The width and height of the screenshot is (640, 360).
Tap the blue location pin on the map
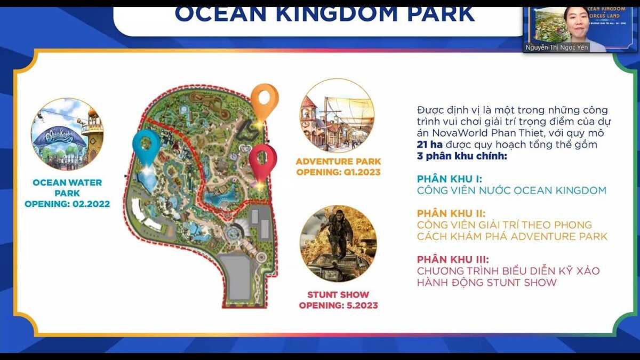coord(146,143)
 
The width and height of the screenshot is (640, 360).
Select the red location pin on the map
coord(263,159)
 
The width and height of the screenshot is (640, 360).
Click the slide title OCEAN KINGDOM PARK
coord(324,14)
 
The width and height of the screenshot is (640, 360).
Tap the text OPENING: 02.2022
coord(67,204)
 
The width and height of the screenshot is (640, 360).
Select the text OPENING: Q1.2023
coord(339,172)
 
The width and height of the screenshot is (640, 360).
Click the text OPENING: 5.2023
coord(338,306)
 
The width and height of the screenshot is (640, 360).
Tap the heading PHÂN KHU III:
coord(454,259)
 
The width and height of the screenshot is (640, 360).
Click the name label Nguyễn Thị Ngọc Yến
coord(557,47)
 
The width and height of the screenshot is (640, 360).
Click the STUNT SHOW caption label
coord(338,294)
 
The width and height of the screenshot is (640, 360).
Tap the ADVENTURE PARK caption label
coord(339,162)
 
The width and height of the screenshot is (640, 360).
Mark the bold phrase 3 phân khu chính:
coord(462,156)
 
